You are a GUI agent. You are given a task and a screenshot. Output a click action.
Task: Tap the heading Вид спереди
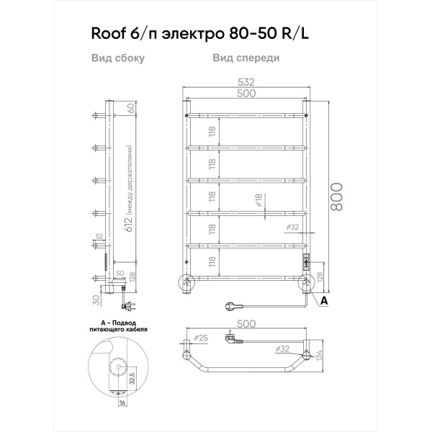point(246,59)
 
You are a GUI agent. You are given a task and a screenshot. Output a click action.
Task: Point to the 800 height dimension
point(338,196)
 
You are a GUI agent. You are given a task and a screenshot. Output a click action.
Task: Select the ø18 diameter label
point(257,200)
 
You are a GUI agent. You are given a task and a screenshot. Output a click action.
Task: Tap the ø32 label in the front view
point(292,228)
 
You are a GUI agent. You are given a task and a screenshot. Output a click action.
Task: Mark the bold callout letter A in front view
point(324,299)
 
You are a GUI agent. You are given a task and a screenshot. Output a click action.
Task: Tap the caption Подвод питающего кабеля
point(119,328)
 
